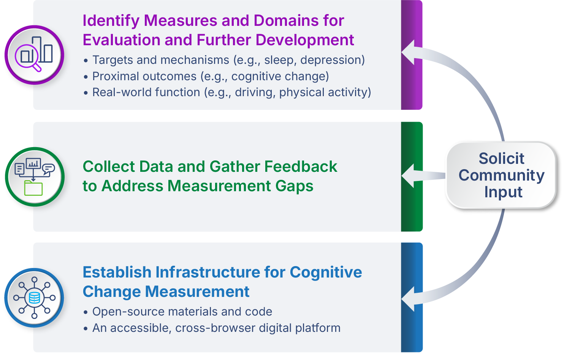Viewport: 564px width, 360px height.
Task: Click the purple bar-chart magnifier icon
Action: tap(34, 55)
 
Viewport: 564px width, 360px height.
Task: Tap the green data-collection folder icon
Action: tap(35, 177)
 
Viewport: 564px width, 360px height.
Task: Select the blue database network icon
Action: tap(34, 298)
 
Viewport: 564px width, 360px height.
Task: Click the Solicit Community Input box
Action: tap(501, 175)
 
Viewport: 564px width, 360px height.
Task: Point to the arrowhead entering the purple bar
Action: tap(409, 52)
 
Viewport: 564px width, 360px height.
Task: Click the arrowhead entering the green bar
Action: tap(409, 176)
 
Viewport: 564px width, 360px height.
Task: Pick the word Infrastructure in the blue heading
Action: tap(219, 272)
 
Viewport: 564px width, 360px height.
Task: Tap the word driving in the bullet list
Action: tap(255, 92)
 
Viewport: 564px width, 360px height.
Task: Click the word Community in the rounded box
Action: tap(501, 175)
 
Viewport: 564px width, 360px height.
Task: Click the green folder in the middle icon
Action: tap(33, 188)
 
